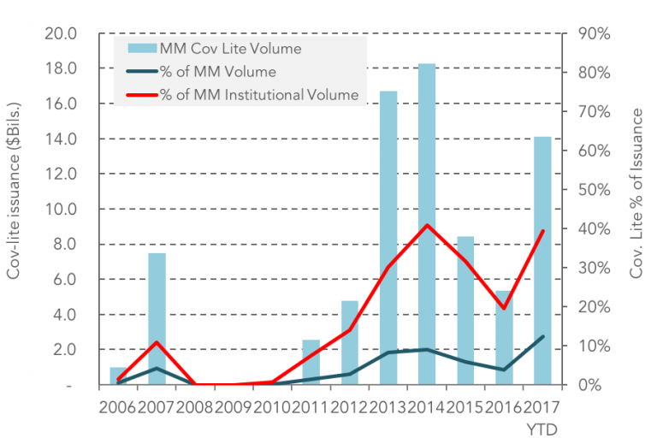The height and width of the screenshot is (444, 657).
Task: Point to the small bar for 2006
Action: [118, 376]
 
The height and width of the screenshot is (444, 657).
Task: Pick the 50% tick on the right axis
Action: [593, 190]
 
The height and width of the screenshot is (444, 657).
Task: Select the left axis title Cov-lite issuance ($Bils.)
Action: [15, 210]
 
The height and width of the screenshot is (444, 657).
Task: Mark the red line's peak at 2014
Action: [426, 225]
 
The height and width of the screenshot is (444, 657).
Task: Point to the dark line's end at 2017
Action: [542, 336]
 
